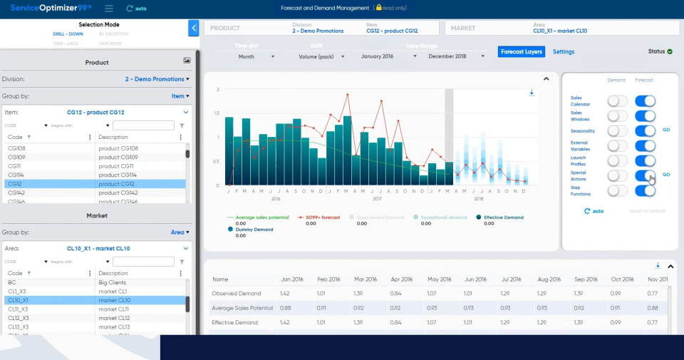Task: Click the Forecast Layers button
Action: pos(521,51)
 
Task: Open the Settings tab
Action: pos(564,51)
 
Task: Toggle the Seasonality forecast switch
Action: pos(645,130)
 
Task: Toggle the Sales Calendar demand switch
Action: pos(617,101)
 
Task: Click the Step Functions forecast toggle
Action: pos(645,190)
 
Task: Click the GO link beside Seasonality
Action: pos(666,130)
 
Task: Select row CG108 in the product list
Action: pos(18,148)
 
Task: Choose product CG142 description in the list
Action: pos(118,192)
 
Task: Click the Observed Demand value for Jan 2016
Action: pos(284,294)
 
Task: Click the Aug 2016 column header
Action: pos(549,279)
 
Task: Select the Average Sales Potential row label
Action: pos(243,308)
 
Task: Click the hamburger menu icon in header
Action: pos(108,9)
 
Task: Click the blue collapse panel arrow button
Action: pos(194,28)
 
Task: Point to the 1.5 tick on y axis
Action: pos(217,113)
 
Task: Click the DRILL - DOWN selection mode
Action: pos(68,34)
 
